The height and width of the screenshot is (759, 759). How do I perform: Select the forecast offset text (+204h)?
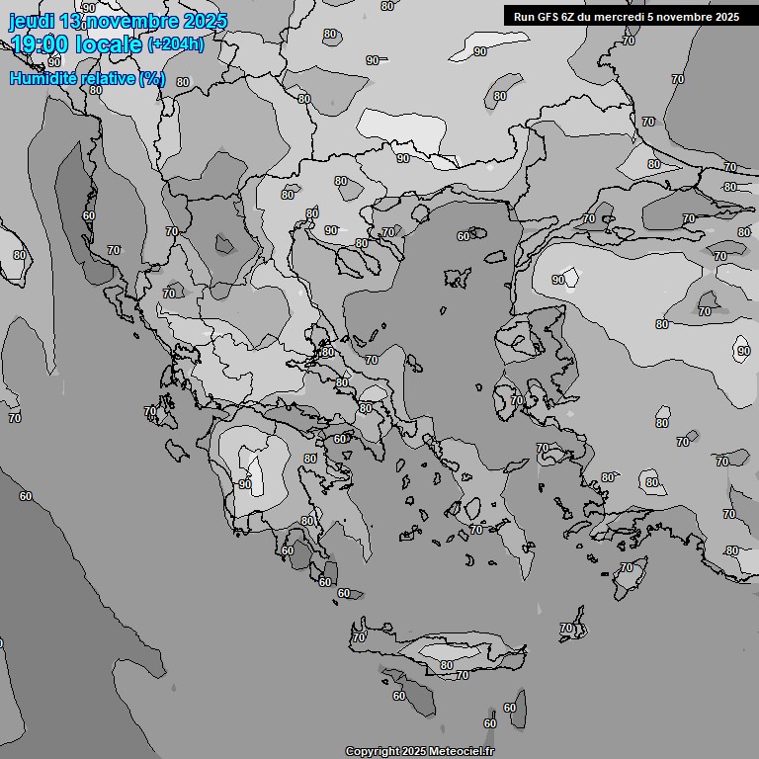point(175,44)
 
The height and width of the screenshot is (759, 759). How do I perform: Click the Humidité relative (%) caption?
point(88,78)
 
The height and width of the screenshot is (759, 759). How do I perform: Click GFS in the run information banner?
point(548,16)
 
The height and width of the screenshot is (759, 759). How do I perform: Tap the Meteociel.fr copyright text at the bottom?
point(456,751)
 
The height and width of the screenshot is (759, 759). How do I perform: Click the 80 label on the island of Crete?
point(447,665)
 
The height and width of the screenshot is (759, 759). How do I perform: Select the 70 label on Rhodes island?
point(627,567)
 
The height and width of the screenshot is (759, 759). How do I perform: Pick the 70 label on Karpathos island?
point(566,628)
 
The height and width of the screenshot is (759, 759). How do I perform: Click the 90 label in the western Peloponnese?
point(244,484)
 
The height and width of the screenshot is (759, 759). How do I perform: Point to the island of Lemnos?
point(456,278)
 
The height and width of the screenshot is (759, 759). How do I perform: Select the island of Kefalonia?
point(177,451)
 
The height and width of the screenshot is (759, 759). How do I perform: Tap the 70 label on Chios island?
point(516,400)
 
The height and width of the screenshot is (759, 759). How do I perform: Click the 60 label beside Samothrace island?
point(464,236)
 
